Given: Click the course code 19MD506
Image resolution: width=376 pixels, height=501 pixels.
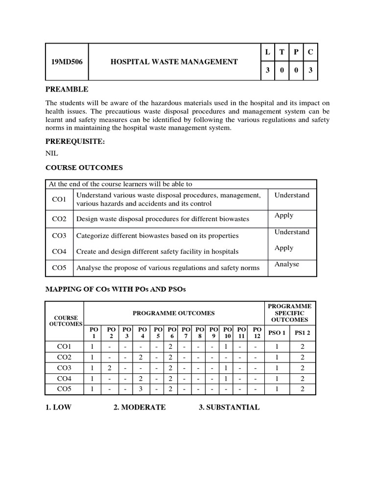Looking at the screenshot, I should click(x=67, y=62).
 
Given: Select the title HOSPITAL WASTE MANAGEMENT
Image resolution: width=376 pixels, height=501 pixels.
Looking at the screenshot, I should click(x=174, y=62).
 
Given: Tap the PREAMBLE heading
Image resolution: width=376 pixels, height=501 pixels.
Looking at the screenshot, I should click(x=67, y=89).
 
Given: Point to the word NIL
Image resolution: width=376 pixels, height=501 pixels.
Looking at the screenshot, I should click(x=51, y=153).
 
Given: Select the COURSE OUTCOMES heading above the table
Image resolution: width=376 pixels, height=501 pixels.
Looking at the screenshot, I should click(x=84, y=168).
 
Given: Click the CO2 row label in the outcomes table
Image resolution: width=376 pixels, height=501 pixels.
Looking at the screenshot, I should click(x=59, y=219).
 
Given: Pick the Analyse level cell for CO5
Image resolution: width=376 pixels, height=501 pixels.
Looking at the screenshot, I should click(x=286, y=264).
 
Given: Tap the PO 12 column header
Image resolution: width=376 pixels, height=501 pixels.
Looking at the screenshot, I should click(x=258, y=333).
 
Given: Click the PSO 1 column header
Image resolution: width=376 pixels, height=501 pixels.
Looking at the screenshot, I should click(x=277, y=333).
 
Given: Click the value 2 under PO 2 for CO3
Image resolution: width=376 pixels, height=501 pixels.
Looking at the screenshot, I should click(x=111, y=368).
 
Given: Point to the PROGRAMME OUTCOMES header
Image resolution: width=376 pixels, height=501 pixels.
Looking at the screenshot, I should click(x=172, y=313).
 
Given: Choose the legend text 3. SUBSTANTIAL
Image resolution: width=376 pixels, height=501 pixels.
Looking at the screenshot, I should click(x=229, y=408).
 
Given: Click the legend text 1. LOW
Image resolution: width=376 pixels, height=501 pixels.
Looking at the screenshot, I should click(x=58, y=408).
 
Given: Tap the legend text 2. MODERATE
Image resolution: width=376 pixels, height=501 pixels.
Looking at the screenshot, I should click(x=139, y=408).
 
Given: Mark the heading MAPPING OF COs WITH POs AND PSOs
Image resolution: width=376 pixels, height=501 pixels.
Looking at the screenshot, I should click(x=116, y=290).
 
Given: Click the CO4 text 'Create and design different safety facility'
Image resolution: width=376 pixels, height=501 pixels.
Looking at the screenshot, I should click(x=157, y=251).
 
